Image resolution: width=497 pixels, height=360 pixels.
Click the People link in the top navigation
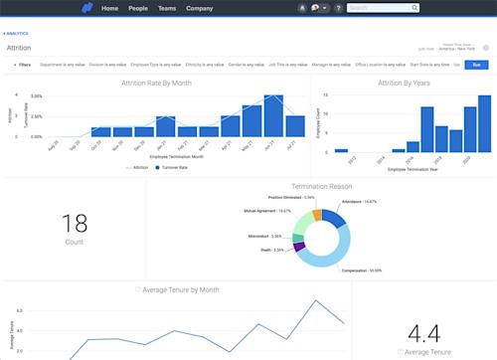(138, 8)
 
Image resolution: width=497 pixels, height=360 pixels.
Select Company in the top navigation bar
(199, 8)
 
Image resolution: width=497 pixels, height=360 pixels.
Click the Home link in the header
(109, 8)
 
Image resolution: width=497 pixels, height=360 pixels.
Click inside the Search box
(382, 8)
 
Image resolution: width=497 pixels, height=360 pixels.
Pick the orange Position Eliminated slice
(317, 214)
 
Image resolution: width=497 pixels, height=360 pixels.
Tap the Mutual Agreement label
(270, 211)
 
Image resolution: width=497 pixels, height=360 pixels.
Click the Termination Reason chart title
(321, 186)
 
